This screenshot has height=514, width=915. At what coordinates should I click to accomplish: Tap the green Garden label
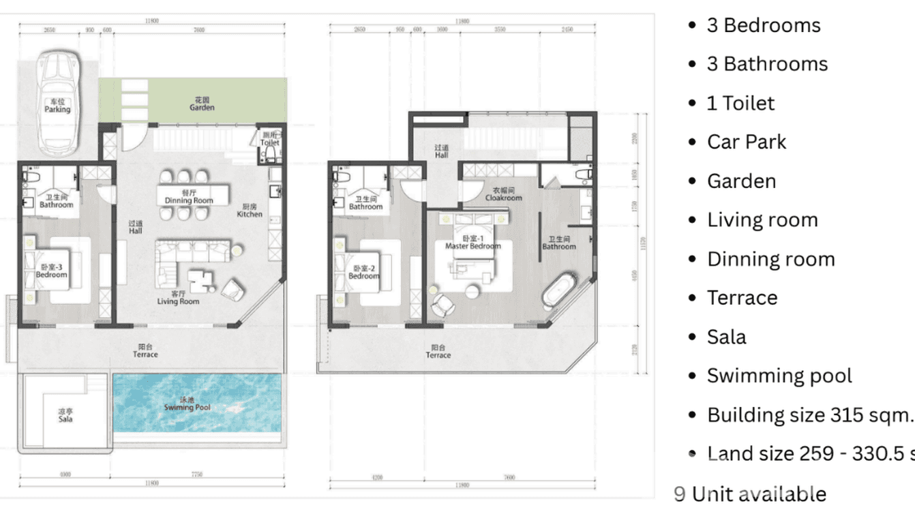click(x=202, y=104)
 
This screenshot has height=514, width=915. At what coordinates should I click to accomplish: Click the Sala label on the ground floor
click(x=65, y=416)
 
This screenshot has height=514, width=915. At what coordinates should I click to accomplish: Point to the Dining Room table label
click(x=189, y=197)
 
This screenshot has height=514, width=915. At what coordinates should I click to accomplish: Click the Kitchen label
click(x=250, y=210)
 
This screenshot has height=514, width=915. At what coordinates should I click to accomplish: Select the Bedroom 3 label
click(x=52, y=271)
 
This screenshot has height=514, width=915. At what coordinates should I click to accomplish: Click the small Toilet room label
click(x=270, y=140)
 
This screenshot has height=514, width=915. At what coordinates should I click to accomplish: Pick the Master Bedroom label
click(x=472, y=243)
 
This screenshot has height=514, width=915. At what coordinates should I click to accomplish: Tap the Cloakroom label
click(x=503, y=194)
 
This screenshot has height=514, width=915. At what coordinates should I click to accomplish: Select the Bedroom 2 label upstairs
click(x=364, y=272)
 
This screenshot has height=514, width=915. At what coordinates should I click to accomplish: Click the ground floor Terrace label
click(x=145, y=351)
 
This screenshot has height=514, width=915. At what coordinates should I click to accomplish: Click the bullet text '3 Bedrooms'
click(x=763, y=25)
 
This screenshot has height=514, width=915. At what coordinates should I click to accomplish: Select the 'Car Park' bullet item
click(x=746, y=142)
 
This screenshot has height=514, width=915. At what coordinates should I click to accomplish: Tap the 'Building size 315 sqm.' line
click(x=809, y=414)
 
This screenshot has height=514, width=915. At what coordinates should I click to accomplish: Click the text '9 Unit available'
click(x=750, y=494)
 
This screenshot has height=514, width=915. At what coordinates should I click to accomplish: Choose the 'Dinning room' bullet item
click(x=770, y=259)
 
